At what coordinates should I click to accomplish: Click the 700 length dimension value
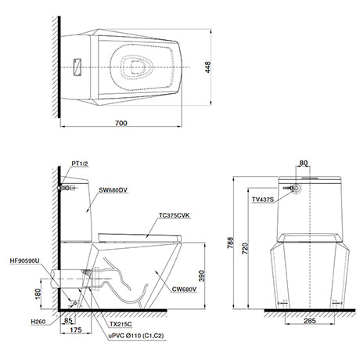(121, 123)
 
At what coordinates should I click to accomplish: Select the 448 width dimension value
(207, 67)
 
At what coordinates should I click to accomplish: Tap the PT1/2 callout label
(80, 164)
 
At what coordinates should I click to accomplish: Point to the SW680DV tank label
(113, 190)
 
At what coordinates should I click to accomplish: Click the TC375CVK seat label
(175, 215)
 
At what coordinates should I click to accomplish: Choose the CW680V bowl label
(184, 290)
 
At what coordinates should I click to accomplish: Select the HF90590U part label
(24, 261)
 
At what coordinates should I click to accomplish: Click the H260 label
(38, 322)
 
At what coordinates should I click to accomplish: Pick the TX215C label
(121, 324)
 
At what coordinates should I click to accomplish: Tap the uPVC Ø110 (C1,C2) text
(136, 336)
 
